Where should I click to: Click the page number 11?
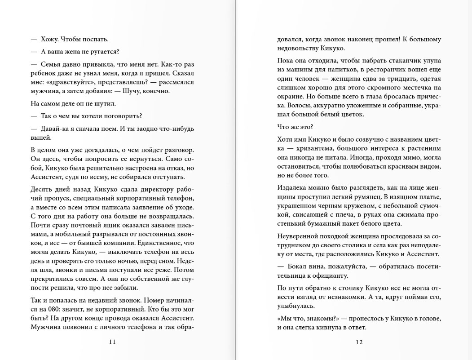click(112, 342)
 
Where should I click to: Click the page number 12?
click(359, 342)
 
